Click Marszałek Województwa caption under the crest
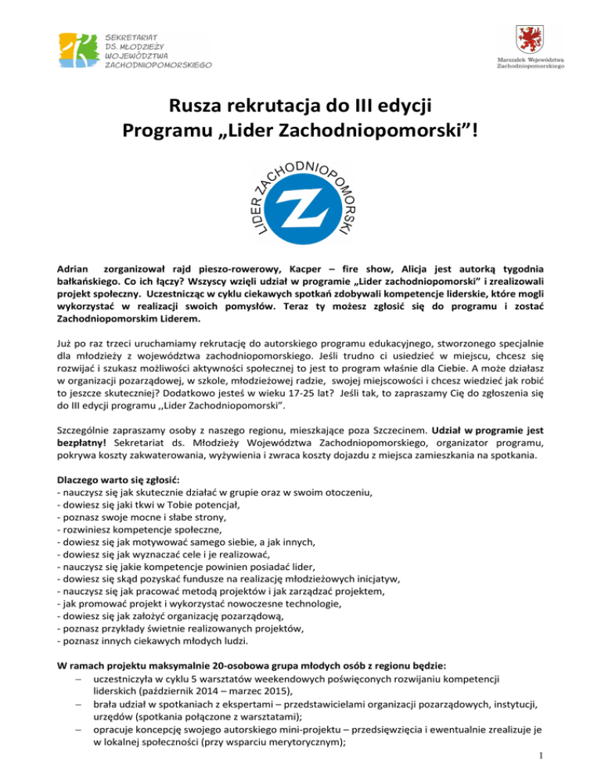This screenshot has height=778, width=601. (528, 63)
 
